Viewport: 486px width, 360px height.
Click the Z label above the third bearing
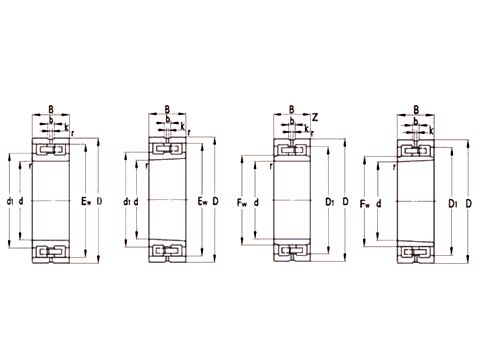(315, 116)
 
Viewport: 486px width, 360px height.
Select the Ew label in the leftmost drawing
(85, 203)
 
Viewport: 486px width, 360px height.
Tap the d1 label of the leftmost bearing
(10, 203)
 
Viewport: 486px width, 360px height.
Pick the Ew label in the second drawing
(203, 203)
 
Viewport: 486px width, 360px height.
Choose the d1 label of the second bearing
(128, 203)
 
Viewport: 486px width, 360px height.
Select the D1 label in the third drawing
(329, 203)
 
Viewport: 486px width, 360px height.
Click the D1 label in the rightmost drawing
(452, 203)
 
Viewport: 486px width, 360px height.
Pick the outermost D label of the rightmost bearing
(467, 203)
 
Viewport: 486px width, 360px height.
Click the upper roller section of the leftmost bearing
(50, 150)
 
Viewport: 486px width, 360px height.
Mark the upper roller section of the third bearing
(291, 151)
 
